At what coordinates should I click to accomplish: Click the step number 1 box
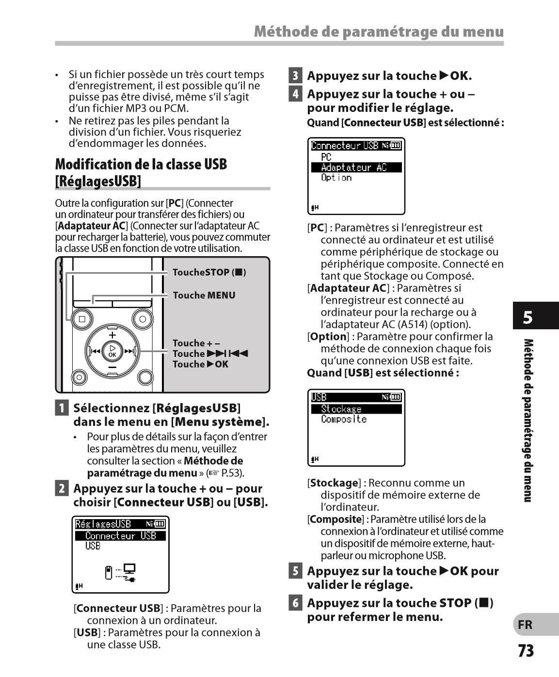[62, 408]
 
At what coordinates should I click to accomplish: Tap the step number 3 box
[295, 76]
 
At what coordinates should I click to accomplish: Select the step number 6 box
[295, 603]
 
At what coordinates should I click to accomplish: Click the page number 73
[526, 650]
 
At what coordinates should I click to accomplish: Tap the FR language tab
[526, 625]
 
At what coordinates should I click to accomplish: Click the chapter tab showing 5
[528, 318]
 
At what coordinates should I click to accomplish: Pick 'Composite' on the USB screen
[344, 419]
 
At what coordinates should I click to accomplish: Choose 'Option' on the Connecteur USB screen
[336, 178]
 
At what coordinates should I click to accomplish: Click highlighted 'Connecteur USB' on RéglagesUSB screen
[120, 536]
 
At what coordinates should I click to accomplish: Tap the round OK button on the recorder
[112, 351]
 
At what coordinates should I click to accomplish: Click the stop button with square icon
[82, 319]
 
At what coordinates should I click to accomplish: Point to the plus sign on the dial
[112, 335]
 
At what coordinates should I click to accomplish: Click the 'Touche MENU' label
[204, 295]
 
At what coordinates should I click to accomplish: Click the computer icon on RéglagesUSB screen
[129, 569]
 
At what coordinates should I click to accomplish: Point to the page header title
[379, 32]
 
